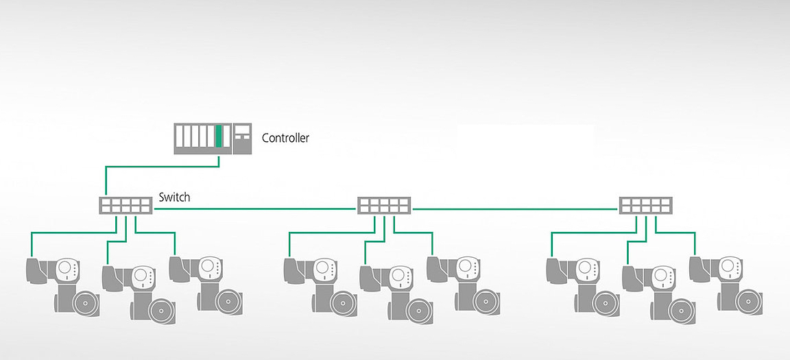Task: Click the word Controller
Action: coord(285,138)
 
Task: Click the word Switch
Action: coord(174,197)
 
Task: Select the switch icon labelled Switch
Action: coord(125,206)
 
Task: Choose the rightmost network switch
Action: coord(646,206)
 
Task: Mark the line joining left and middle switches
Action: coord(254,208)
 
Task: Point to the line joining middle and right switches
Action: coord(514,208)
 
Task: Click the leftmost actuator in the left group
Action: coord(62,281)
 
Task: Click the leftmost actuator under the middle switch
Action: coord(320,281)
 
